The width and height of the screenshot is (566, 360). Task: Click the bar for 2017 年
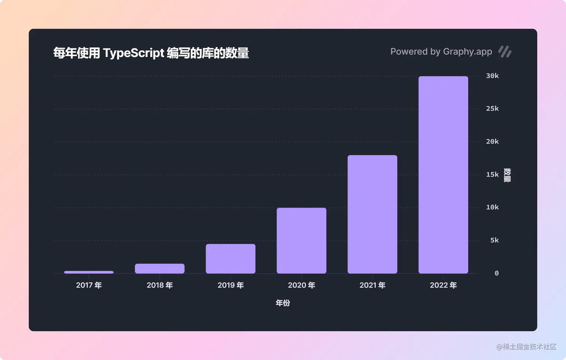(89, 272)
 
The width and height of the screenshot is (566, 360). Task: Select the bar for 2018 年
(159, 269)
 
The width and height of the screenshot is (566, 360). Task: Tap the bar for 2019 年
(231, 259)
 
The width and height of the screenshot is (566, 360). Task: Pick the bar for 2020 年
(301, 240)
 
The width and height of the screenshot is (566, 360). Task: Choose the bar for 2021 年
(372, 214)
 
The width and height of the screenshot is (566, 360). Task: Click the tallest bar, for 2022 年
(443, 175)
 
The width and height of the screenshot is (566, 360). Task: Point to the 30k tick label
(492, 76)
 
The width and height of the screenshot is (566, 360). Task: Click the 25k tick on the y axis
(492, 109)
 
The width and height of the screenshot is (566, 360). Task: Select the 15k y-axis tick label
(492, 175)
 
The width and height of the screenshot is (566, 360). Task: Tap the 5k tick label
(495, 240)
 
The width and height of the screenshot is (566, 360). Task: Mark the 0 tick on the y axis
(496, 273)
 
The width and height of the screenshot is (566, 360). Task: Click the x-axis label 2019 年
(231, 285)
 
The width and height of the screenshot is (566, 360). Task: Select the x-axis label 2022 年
(443, 285)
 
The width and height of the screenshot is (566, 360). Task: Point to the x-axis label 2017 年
(89, 285)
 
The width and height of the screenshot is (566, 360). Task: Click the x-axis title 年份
(283, 303)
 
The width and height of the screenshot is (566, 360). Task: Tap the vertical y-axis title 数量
(507, 175)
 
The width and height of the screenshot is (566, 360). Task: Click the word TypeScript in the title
(134, 53)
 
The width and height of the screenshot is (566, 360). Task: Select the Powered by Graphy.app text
(441, 52)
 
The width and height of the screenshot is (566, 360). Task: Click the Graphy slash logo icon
(505, 52)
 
